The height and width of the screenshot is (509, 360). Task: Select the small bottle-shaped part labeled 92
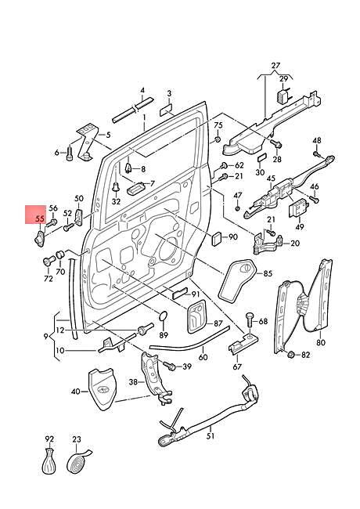(x=49, y=463)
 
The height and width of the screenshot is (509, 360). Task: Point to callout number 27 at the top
(x=275, y=65)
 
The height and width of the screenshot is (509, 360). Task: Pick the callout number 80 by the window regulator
(x=320, y=342)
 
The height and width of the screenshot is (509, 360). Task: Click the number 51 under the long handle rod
(x=210, y=435)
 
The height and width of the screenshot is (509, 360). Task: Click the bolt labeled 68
(x=249, y=319)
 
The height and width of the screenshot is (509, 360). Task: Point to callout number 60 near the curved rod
(x=203, y=356)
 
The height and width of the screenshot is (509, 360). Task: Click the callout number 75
(x=218, y=125)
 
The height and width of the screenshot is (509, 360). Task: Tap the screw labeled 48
(x=318, y=154)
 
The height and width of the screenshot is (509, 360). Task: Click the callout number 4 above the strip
(x=142, y=90)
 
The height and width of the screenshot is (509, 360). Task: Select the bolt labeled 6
(x=70, y=153)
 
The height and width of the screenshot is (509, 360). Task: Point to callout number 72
(x=48, y=279)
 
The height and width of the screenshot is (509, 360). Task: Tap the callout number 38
(x=133, y=383)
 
